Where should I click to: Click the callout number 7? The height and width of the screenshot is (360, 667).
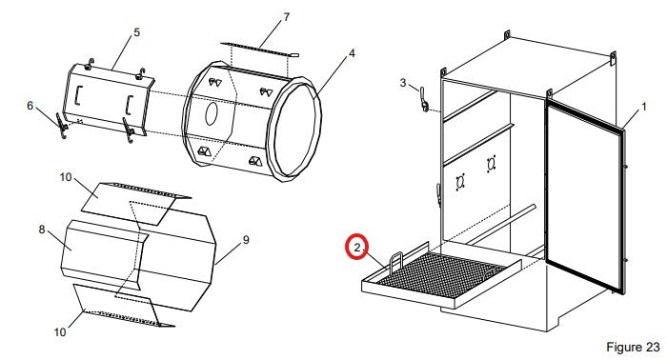[286, 17]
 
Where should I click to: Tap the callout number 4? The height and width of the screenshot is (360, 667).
[352, 53]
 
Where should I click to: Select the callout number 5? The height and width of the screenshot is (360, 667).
[136, 32]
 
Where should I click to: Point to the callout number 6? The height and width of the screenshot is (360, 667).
[30, 106]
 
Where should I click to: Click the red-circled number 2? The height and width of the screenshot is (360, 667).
[357, 247]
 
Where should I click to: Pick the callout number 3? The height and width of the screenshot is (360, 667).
[403, 83]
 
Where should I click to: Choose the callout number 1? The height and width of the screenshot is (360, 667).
[644, 107]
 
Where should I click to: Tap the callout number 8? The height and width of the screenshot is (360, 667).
[42, 230]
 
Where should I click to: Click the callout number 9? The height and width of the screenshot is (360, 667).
[246, 240]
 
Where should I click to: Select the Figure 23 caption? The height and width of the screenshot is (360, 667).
[633, 347]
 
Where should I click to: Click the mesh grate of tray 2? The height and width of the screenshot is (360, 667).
[440, 274]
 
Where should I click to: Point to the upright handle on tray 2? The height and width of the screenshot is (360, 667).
[395, 261]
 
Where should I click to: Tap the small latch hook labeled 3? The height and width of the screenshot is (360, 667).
[423, 99]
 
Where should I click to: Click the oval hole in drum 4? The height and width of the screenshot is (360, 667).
[212, 114]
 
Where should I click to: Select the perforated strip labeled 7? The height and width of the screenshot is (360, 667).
[259, 50]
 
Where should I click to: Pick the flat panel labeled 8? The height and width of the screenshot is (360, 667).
[102, 254]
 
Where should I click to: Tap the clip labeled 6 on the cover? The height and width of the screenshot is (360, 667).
[61, 126]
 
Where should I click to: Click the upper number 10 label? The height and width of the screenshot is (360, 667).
[66, 177]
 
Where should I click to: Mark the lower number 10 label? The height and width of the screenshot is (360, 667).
[59, 331]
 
